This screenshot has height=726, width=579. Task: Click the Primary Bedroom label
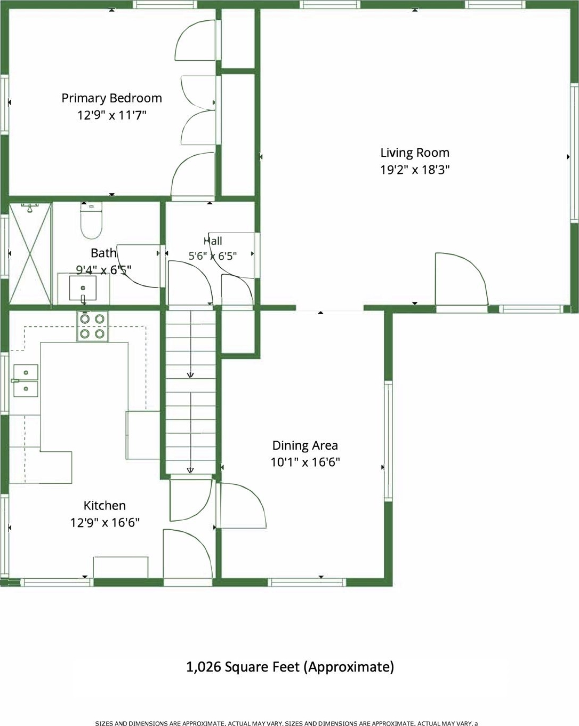111,99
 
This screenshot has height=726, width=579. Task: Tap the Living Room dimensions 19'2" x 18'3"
415,170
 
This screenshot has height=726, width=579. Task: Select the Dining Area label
305,445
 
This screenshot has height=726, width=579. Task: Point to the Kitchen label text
104,506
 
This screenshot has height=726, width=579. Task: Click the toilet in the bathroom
91,220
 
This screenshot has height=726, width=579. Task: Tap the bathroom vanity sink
83,288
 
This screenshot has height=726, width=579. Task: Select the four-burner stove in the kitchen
92,326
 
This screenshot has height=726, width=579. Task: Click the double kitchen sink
26,380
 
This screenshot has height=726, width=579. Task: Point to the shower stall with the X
30,253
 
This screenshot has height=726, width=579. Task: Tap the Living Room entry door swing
461,278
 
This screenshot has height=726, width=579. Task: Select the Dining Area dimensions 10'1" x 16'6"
305,462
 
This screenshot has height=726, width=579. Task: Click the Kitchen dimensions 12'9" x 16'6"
104,523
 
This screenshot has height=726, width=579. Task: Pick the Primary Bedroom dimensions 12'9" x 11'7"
111,115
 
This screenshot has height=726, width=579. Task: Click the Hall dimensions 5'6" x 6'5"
212,256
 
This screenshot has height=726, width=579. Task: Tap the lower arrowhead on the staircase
190,470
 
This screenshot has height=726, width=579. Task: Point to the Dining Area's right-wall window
389,441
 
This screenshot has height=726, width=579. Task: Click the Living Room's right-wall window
574,153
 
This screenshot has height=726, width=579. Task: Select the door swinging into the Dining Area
241,506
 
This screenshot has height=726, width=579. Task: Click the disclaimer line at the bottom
286,723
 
